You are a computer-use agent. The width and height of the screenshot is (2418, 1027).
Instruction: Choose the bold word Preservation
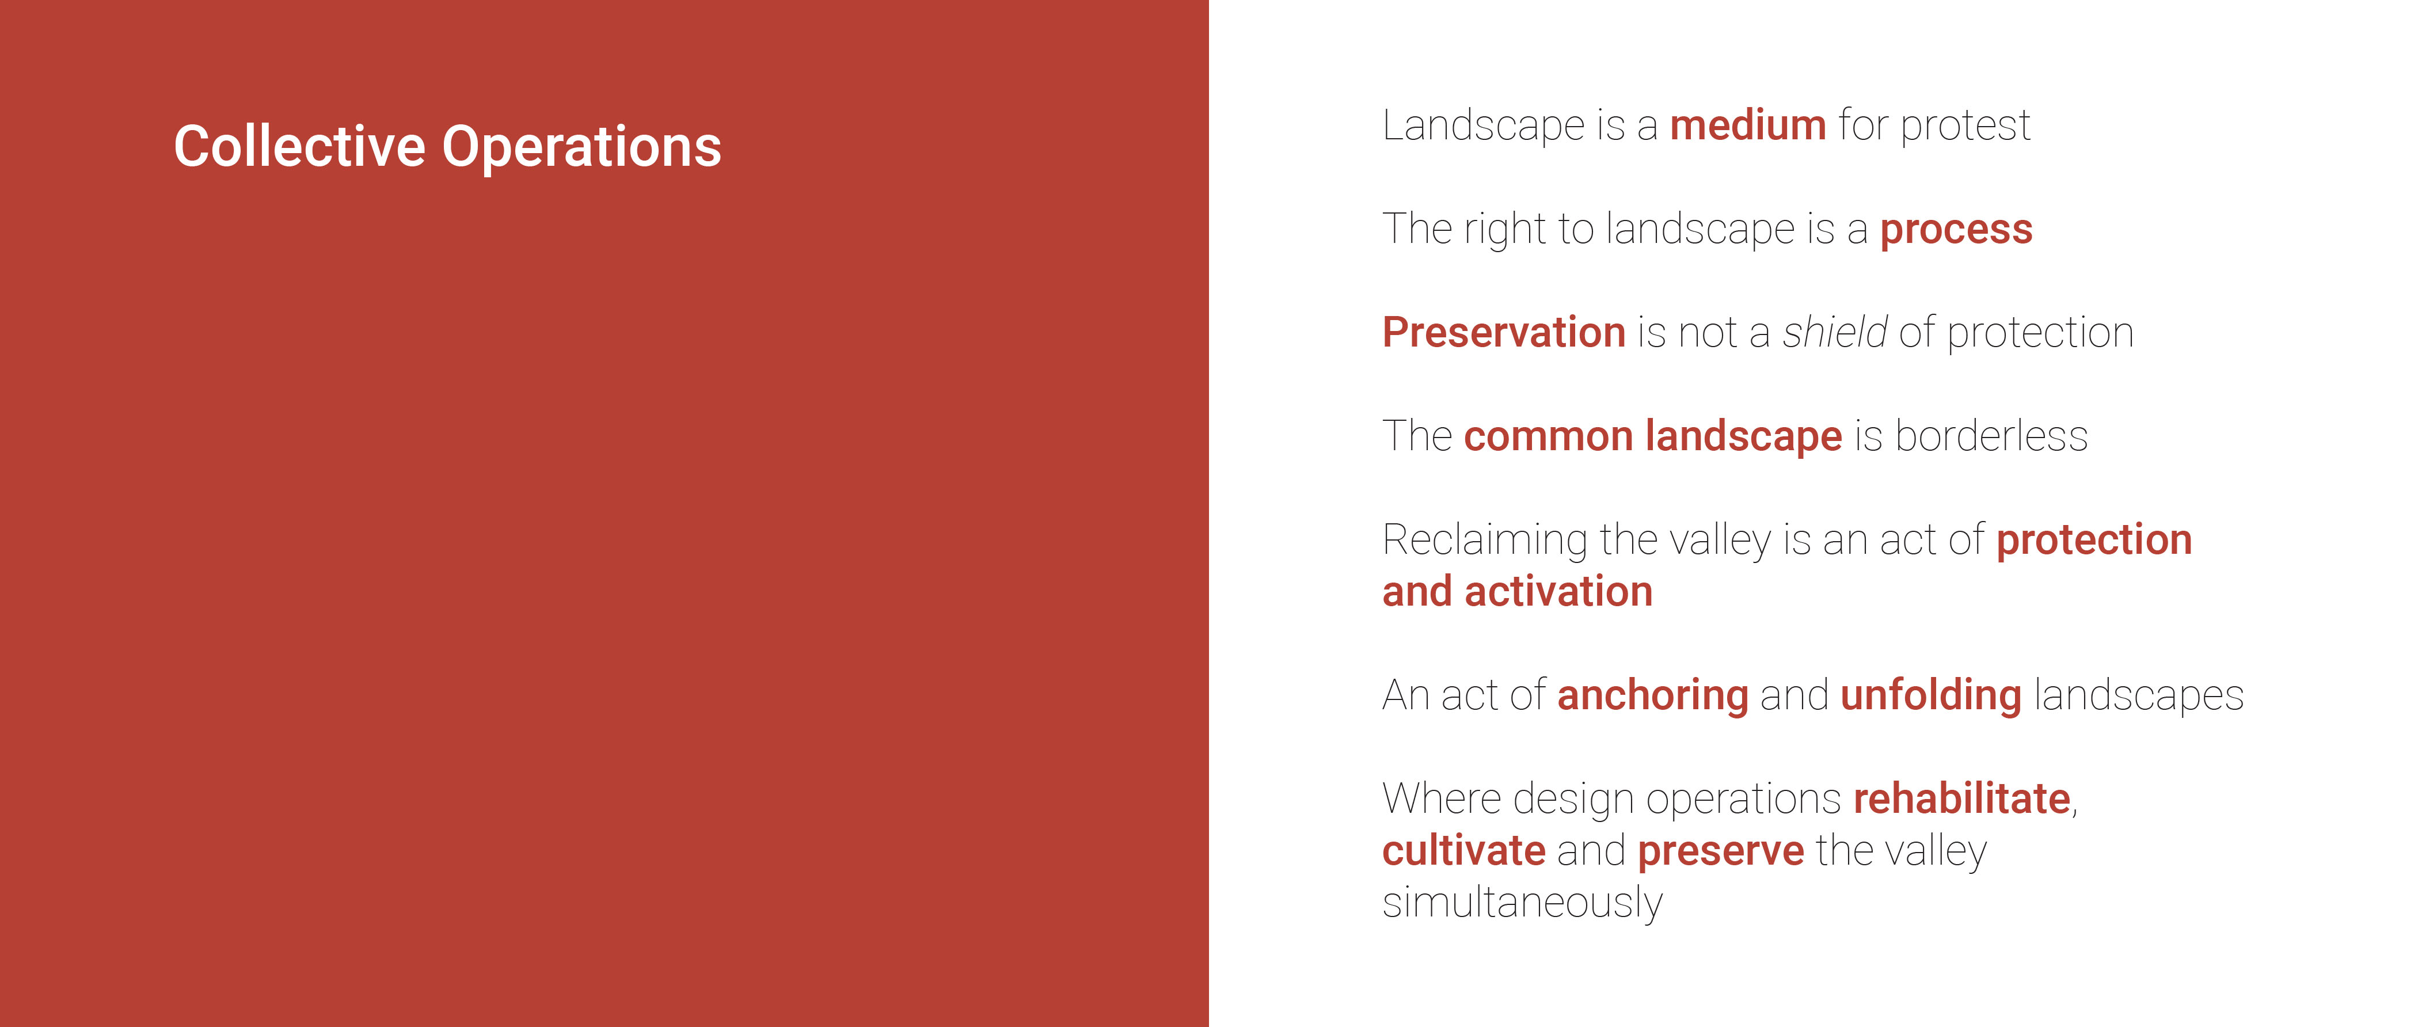tap(1504, 332)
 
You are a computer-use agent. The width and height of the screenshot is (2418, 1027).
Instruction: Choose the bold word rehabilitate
tap(1962, 799)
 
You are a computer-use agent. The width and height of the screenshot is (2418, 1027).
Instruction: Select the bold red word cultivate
tap(1463, 850)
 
